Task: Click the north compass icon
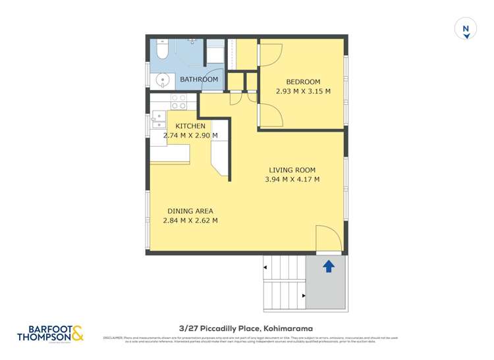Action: coord(466,29)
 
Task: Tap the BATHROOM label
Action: coord(199,80)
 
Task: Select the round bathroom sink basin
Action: coord(161,81)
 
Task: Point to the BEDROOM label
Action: coord(303,82)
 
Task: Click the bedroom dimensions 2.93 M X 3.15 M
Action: coord(303,91)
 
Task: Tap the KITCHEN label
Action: coord(190,126)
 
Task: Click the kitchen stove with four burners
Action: coord(178,101)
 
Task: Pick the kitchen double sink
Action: coord(159,120)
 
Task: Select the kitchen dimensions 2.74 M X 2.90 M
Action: coord(190,136)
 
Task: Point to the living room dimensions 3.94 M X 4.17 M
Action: coord(292,179)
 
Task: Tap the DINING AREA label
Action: coord(190,211)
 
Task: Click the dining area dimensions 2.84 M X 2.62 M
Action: coord(190,220)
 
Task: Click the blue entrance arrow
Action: coord(329,266)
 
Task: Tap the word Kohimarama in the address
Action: coord(287,328)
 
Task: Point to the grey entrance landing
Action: coord(326,283)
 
